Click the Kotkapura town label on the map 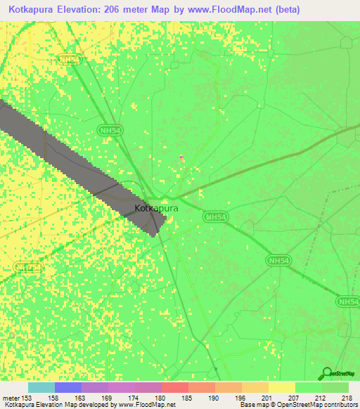[156, 209]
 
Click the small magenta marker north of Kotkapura [181, 157]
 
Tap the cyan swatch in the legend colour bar [41, 387]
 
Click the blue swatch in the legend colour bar [67, 387]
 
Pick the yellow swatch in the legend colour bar [281, 387]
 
